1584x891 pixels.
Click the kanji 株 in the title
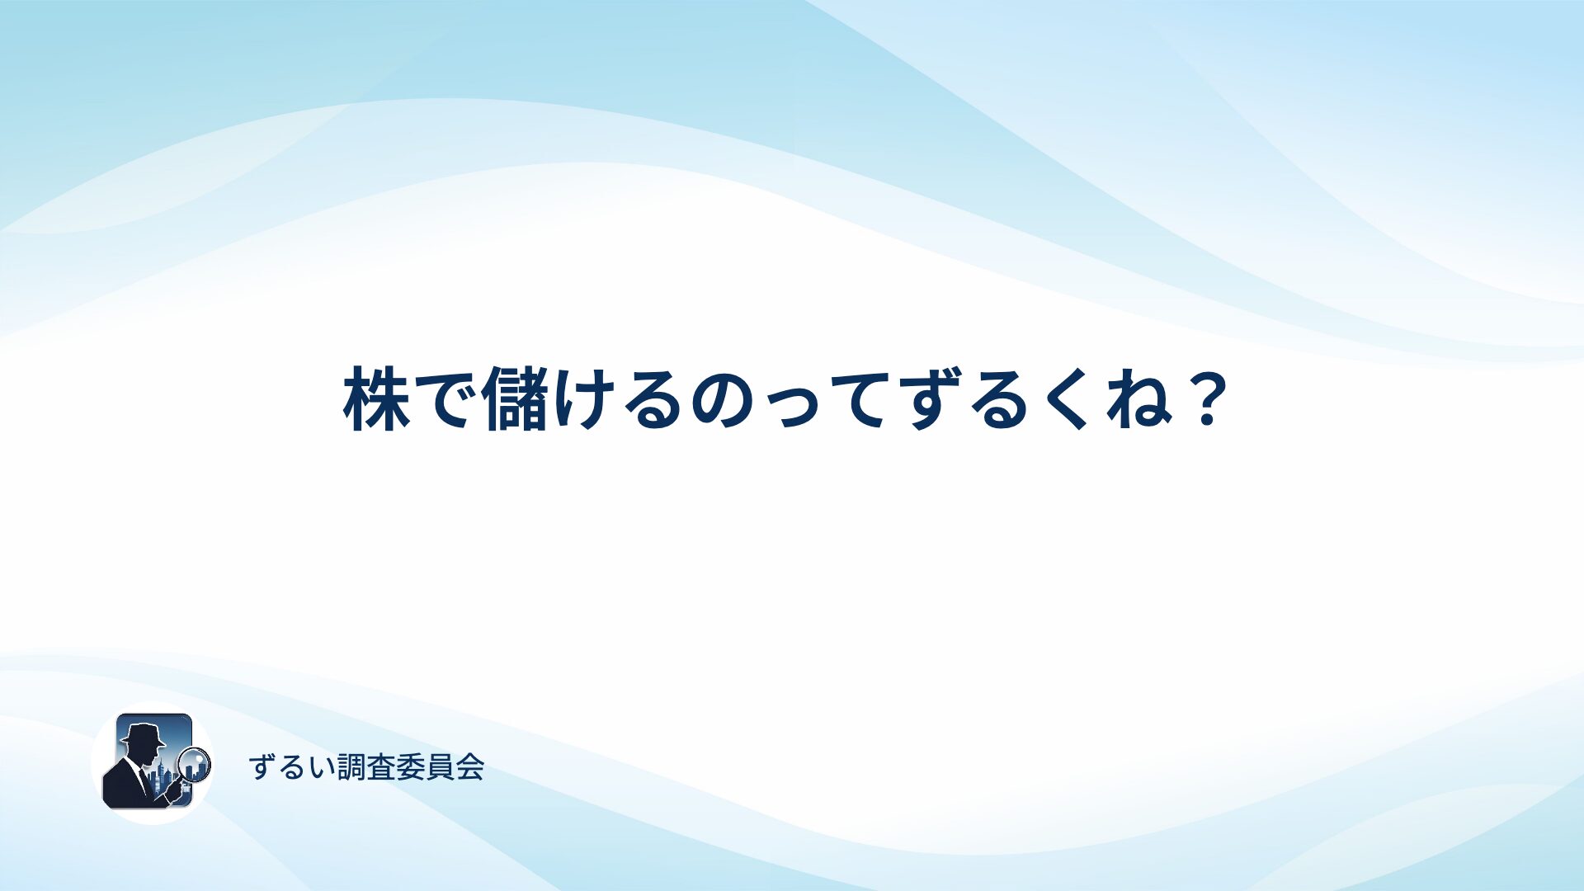(376, 398)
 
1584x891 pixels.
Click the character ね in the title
(1138, 399)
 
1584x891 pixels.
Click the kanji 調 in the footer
(352, 767)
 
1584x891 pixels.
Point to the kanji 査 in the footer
(381, 767)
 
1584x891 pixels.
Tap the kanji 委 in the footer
(411, 767)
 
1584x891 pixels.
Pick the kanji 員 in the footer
(440, 767)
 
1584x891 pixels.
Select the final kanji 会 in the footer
(469, 767)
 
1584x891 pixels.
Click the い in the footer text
(323, 768)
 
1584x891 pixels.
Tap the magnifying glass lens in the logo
(195, 764)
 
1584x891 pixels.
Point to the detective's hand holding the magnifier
(175, 790)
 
